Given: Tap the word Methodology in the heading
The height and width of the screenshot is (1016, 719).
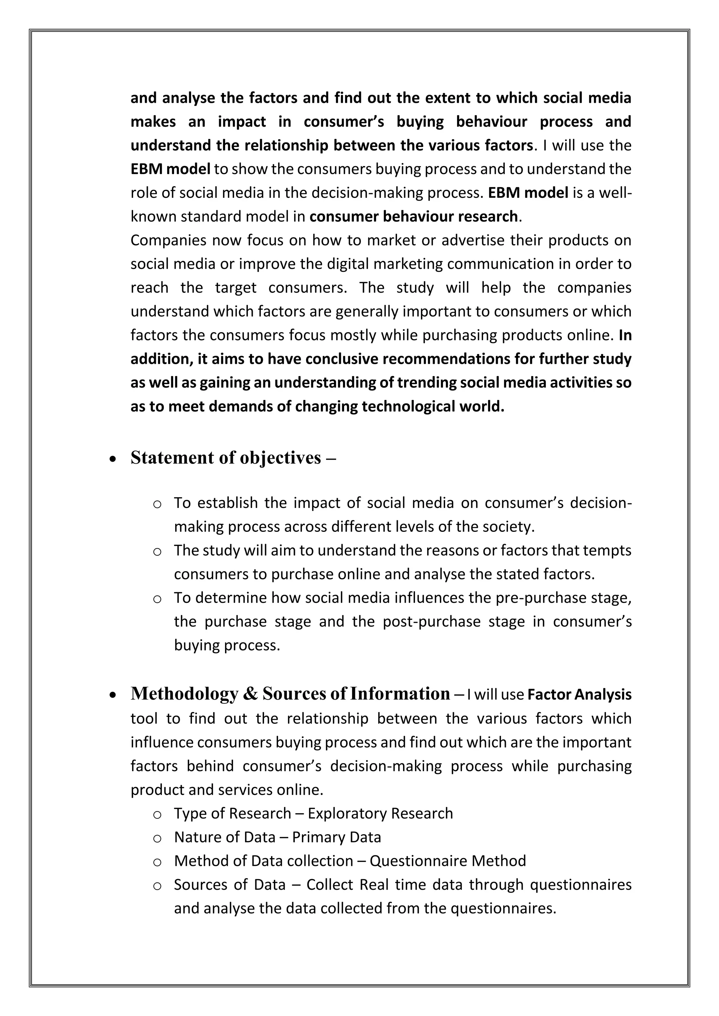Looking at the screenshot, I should (x=184, y=693).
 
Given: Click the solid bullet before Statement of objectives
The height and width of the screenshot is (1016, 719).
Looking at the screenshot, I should (x=113, y=459).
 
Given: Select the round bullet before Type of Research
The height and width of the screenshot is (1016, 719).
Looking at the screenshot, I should (x=157, y=815).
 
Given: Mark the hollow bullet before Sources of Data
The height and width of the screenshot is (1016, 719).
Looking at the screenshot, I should (x=157, y=886).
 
